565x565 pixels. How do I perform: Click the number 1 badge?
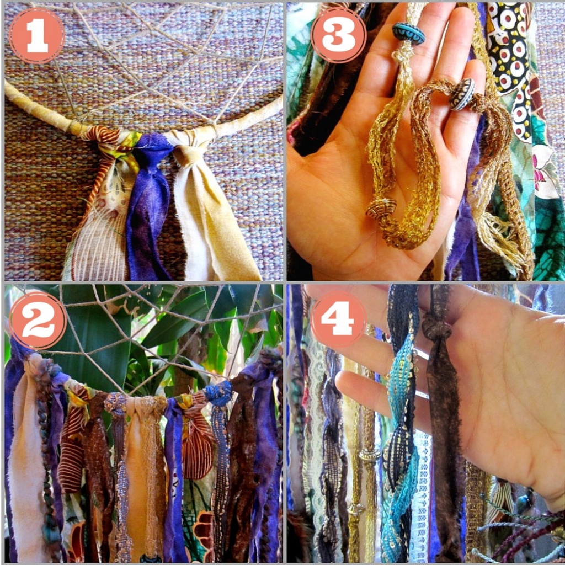click(x=36, y=35)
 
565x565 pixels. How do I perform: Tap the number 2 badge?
click(x=38, y=321)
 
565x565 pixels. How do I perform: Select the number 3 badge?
click(x=338, y=35)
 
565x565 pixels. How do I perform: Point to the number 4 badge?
click(x=338, y=318)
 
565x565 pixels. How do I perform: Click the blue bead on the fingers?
click(x=408, y=34)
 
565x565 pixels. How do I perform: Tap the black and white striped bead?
click(x=462, y=94)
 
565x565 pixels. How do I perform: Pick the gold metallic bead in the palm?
click(x=381, y=207)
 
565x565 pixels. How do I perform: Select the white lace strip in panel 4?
click(x=421, y=497)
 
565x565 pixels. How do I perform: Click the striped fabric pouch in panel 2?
click(x=197, y=447)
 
